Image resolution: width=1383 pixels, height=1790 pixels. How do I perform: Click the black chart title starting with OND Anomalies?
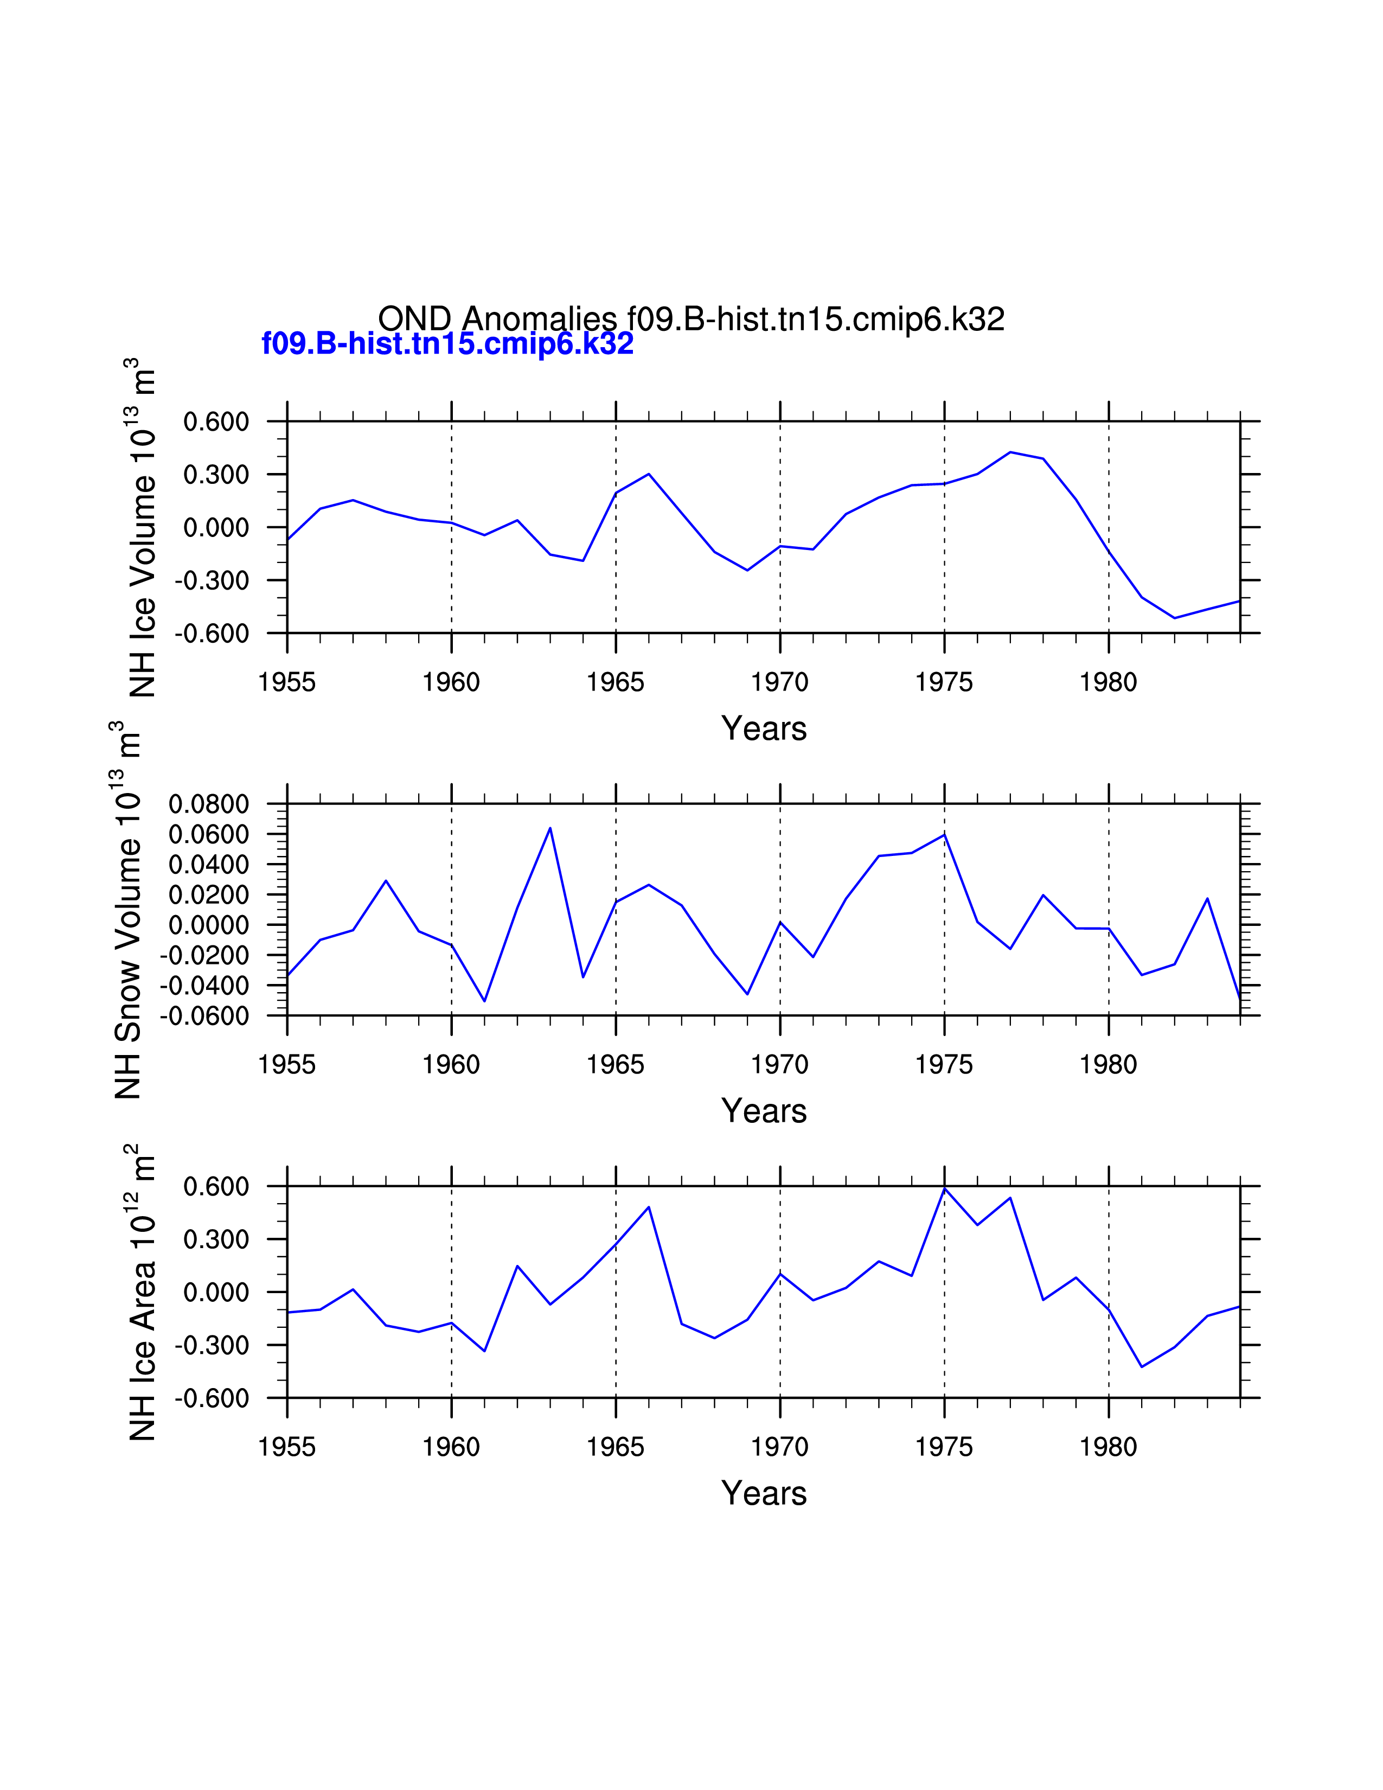pos(690,319)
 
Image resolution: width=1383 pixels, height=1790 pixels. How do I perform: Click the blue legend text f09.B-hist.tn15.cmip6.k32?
pos(447,343)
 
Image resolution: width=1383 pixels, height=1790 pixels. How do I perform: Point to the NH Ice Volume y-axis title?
pos(142,527)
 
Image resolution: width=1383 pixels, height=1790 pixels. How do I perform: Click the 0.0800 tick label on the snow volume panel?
pos(208,804)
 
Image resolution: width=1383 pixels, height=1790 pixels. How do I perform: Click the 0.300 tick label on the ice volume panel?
pos(215,475)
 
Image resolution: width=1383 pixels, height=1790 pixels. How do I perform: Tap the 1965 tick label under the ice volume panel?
pos(616,682)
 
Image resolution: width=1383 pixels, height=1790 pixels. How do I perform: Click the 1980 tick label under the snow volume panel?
pos(1107,1065)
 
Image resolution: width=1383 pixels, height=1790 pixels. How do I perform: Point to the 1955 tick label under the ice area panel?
pos(287,1447)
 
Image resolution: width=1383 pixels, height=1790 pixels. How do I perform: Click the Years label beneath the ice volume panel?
pos(764,728)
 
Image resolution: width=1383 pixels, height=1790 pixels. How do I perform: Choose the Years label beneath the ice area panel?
pos(764,1493)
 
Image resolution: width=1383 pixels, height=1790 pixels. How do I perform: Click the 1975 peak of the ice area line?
pos(945,1188)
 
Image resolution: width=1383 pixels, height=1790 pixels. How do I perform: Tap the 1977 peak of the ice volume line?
pos(1010,452)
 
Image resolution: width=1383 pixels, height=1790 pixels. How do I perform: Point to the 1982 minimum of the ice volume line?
pos(1174,618)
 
